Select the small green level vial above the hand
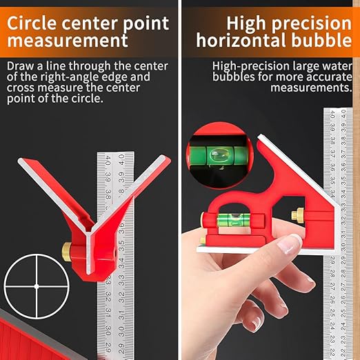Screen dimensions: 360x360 point(232,222)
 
